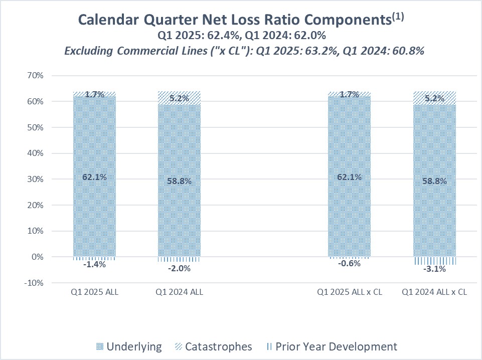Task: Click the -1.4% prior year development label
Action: tap(94, 265)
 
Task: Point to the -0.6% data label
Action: tap(350, 263)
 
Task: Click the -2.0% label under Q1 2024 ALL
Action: tap(179, 268)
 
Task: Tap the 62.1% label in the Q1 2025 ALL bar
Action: tap(94, 177)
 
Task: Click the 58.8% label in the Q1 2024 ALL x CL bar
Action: tap(434, 181)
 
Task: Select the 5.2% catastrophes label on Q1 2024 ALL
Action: tap(179, 98)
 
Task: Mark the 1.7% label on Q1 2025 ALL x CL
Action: tap(350, 94)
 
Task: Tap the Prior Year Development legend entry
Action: tap(332, 346)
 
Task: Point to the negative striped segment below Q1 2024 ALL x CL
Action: tap(434, 261)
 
